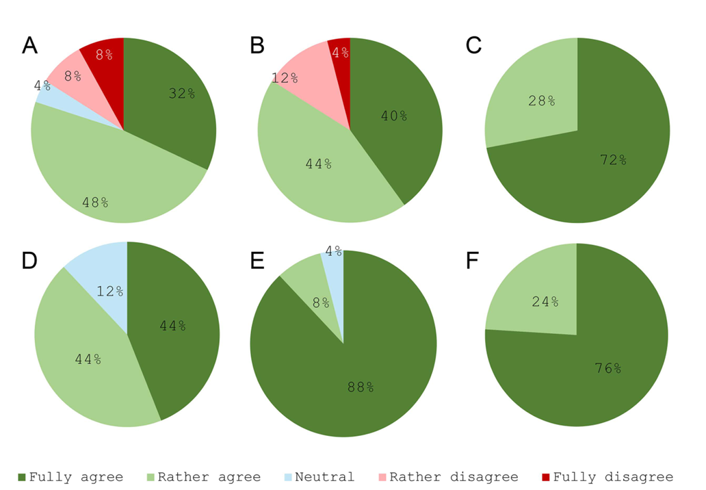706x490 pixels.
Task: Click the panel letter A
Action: (29, 46)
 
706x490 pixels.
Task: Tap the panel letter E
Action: (257, 261)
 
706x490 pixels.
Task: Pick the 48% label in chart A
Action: (95, 203)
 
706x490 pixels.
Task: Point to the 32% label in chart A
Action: (182, 94)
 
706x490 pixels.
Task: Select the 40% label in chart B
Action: (394, 116)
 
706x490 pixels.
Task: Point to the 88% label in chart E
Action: (360, 387)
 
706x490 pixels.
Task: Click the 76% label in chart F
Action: (607, 369)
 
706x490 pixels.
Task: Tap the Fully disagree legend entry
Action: (607, 477)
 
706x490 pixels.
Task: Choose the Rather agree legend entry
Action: (204, 477)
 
